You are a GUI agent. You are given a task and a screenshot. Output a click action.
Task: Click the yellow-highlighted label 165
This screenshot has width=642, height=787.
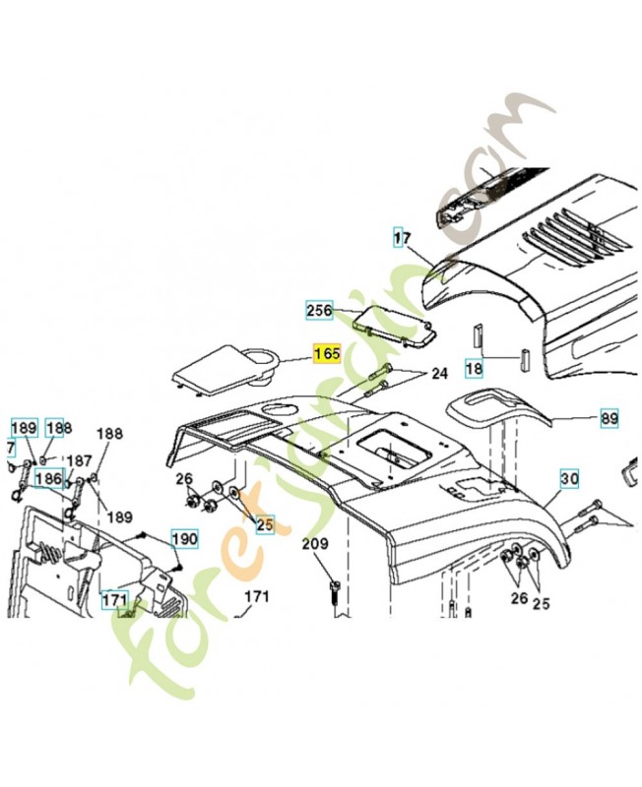coord(325,353)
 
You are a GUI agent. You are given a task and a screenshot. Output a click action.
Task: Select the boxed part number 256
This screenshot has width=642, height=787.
coord(318,310)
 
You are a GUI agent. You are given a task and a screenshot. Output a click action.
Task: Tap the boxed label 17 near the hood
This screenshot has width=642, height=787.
coord(402,238)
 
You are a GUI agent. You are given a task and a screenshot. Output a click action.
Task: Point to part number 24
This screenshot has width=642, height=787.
coord(438,373)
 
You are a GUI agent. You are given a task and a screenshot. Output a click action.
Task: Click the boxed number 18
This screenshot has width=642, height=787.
coord(474,368)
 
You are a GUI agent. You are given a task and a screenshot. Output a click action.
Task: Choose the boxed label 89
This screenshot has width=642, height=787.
coord(610,419)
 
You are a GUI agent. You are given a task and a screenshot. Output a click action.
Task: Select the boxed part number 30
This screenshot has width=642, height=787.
coord(569,479)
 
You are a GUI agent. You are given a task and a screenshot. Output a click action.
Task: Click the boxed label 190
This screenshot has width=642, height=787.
coord(185,539)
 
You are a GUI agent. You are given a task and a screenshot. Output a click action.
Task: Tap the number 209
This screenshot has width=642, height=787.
coord(314,544)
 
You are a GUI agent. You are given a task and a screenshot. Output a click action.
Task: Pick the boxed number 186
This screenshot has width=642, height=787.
coord(48,479)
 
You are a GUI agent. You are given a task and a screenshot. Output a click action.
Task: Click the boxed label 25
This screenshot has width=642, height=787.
coord(264,524)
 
